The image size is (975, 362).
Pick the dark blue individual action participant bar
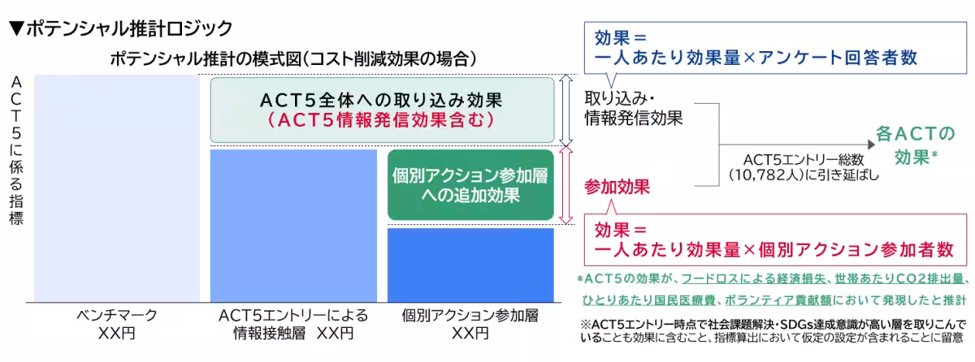(470, 265)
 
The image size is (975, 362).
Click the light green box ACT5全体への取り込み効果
(383, 110)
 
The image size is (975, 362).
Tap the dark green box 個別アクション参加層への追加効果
(470, 185)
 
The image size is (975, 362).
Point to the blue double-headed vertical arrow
(567, 110)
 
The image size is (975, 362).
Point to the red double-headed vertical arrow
(567, 185)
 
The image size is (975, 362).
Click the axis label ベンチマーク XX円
(117, 324)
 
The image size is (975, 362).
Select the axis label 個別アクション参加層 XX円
(470, 324)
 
